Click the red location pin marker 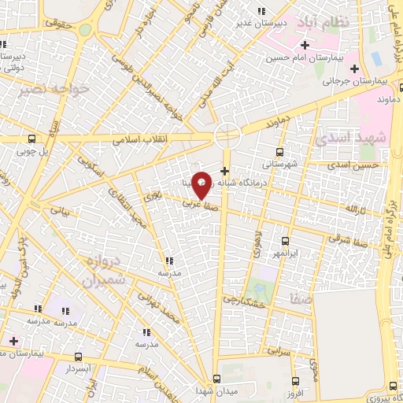(201, 185)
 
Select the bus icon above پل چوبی (31, 137)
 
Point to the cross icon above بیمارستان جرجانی (354, 68)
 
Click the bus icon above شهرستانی (280, 153)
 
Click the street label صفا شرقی (347, 236)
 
